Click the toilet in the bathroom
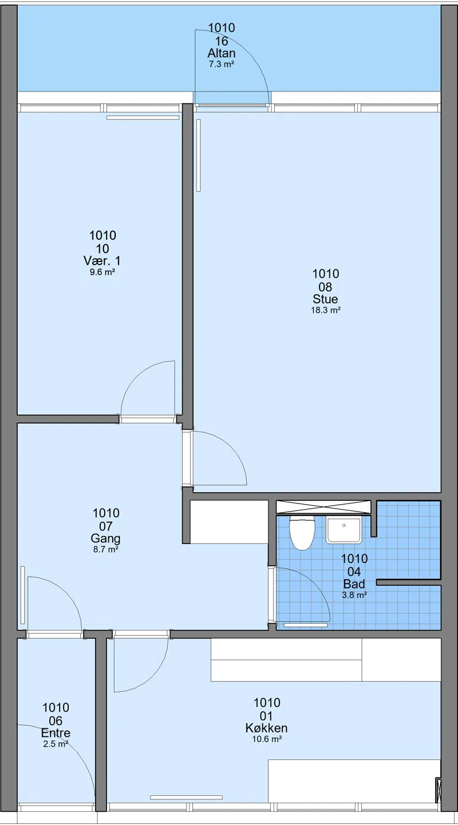click(302, 532)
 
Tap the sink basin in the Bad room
click(343, 530)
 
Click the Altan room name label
click(222, 53)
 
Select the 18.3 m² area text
click(326, 310)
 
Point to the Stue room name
click(325, 298)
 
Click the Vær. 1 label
click(102, 261)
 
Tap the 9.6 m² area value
click(102, 272)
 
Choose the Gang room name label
click(105, 538)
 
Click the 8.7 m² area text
click(106, 550)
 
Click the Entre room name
click(56, 732)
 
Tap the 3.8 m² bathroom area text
click(354, 594)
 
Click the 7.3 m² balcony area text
click(222, 65)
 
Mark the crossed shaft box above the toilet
click(323, 507)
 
